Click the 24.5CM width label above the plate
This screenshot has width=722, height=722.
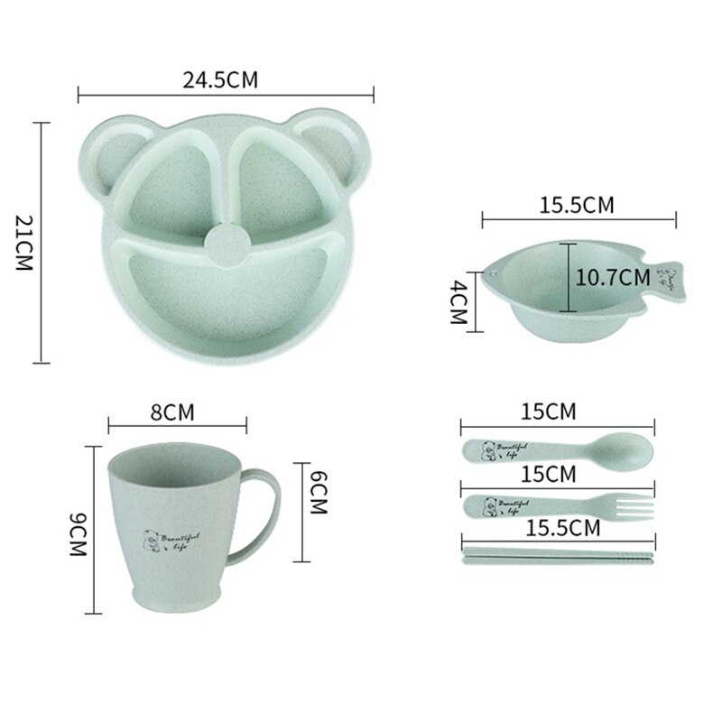221,79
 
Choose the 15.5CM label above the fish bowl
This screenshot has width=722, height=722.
577,205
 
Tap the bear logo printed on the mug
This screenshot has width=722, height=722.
149,541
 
